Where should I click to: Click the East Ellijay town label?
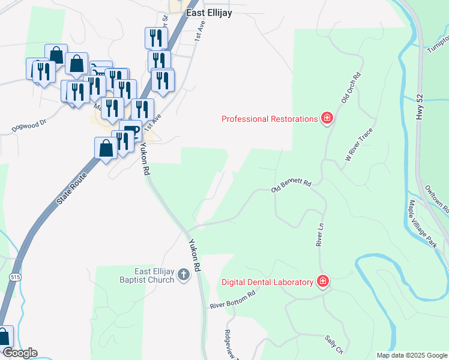coord(208,12)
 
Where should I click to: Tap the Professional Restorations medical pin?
coord(327,118)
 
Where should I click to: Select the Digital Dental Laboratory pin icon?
coord(323,281)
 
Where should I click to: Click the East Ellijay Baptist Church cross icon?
coord(184,276)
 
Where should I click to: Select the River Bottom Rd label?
coord(233,300)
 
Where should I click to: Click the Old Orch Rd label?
coord(351,89)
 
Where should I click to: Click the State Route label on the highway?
coord(72,188)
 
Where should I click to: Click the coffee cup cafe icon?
coord(131,130)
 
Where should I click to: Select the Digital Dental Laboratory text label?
coord(268,282)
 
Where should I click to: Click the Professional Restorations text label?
coord(269,119)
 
